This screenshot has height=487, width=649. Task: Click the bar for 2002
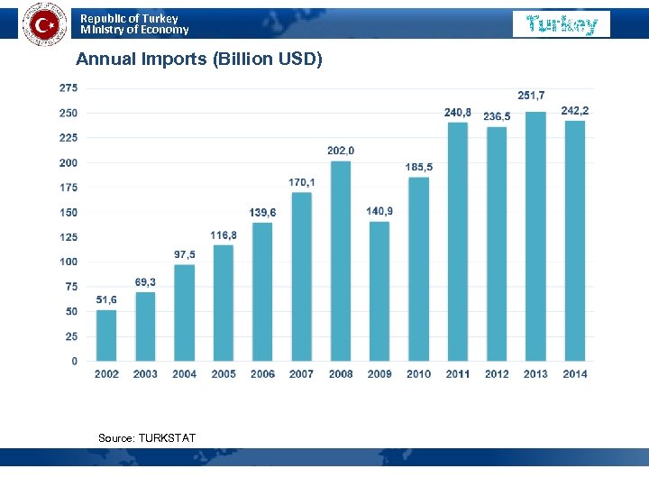coord(106,335)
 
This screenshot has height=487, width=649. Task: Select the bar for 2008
coord(341,262)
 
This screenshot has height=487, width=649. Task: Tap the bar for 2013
coord(535,236)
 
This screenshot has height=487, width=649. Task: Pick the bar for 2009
coord(379,291)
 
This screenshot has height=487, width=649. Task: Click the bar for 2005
coord(224,303)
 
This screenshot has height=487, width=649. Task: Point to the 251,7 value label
coord(531,96)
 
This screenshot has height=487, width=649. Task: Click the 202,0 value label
coord(341,150)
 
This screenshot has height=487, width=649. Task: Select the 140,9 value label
coord(379,211)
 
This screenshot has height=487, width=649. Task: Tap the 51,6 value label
coord(106,299)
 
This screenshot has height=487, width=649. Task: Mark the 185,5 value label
coord(419,167)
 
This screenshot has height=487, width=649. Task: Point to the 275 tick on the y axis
coord(68,88)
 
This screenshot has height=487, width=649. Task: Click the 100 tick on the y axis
coord(68,262)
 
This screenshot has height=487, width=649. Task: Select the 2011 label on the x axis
coord(458,374)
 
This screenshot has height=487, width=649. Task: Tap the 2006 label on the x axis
coord(262,374)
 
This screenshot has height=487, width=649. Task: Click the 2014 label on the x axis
coord(575,374)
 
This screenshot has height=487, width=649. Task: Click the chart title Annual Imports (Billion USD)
coord(198,60)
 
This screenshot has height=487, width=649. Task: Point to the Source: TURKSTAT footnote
coord(147,438)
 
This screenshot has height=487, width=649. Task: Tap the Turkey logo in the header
coord(562,24)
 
